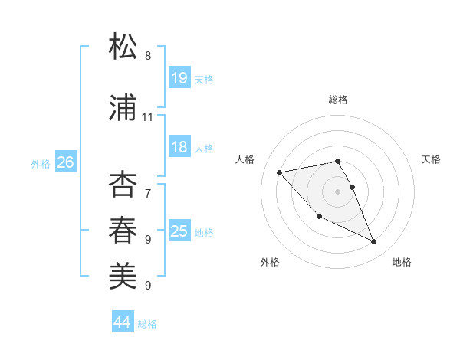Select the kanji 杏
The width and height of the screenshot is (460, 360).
point(123,184)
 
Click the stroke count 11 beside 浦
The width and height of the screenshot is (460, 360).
point(148,117)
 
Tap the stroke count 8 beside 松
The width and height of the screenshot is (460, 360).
point(148,56)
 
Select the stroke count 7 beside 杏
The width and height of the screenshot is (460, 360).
point(148,185)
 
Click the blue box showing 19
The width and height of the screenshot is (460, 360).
point(179,77)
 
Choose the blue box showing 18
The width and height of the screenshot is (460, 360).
point(179,147)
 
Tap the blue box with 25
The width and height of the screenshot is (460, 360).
point(179,231)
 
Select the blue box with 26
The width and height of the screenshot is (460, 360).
point(65,162)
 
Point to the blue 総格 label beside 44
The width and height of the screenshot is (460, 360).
point(148,324)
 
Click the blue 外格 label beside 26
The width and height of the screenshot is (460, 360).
point(41,163)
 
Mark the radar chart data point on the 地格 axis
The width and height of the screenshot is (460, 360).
point(374,242)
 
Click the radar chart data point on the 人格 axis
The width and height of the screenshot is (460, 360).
point(280,172)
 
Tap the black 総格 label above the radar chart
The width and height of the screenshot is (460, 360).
point(338,100)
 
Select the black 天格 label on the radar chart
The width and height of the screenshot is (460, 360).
point(432,159)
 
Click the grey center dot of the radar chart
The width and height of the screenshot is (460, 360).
point(338,191)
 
